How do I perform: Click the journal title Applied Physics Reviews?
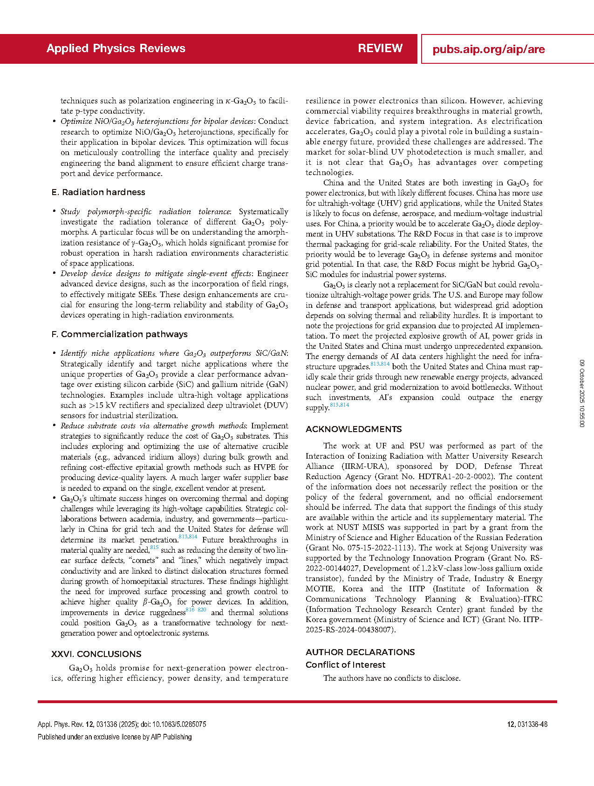tap(116, 48)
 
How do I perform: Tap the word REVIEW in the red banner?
tap(380, 48)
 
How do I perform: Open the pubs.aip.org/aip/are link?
tap(488, 49)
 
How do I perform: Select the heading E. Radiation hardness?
tap(98, 192)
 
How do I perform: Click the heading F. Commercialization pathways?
tap(120, 334)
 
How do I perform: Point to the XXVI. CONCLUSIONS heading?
tap(96, 654)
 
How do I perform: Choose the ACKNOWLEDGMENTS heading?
tap(354, 429)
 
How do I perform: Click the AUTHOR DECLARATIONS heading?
tap(360, 652)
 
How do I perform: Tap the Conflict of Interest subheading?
tap(346, 665)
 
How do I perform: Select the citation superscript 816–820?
tap(196, 610)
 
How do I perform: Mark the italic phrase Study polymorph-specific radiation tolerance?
tap(145, 212)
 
